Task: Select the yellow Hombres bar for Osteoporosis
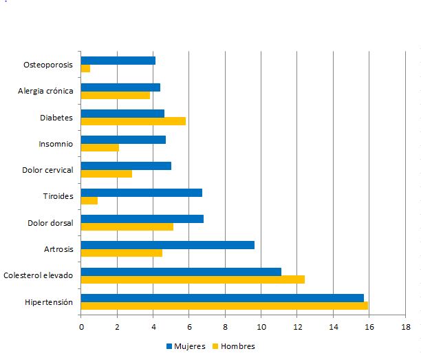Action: [x=86, y=69]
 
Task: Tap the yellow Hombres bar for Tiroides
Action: [x=89, y=200]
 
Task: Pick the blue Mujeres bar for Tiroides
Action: [x=142, y=192]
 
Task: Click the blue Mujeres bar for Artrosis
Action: [x=168, y=245]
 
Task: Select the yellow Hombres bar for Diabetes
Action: [x=133, y=121]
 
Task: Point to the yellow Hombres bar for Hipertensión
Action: [x=224, y=306]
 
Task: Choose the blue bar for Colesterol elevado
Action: [x=181, y=271]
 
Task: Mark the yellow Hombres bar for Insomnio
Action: [x=100, y=147]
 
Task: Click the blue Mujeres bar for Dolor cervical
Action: [x=126, y=166]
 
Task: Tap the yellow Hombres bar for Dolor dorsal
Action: [x=127, y=226]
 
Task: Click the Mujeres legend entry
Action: [x=186, y=346]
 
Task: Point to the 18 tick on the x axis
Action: [x=405, y=327]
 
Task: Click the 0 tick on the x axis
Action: [x=81, y=327]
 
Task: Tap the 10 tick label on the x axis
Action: [x=261, y=327]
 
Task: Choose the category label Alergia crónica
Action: [x=45, y=92]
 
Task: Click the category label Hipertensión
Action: [x=48, y=301]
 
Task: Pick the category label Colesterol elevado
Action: [x=38, y=275]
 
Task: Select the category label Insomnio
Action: [x=56, y=144]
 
